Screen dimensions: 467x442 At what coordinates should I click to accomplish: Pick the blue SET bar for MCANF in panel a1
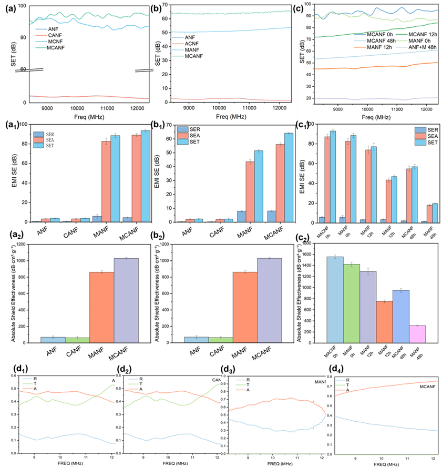point(145,176)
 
